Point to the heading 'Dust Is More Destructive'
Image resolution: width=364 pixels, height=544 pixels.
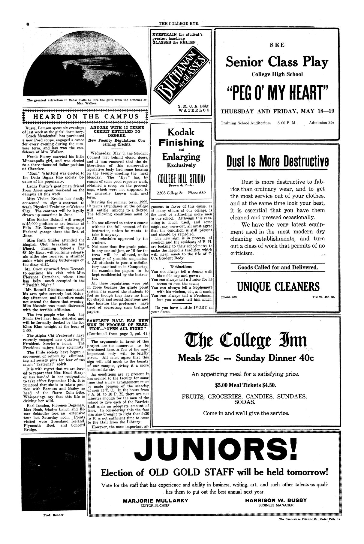tap(278, 162)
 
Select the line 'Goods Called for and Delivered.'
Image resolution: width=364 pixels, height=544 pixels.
tap(278, 267)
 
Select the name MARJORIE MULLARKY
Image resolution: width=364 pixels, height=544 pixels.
tap(155, 500)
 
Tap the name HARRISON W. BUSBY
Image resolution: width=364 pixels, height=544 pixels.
tap(276, 500)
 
